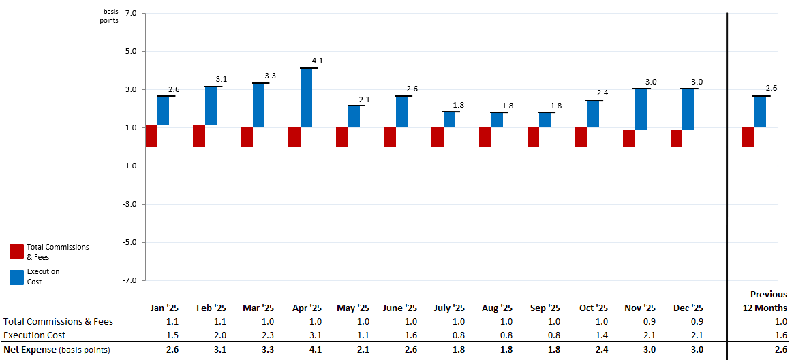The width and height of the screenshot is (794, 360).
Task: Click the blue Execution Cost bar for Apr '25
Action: click(x=306, y=97)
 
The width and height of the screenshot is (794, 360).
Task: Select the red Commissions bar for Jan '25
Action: click(x=151, y=136)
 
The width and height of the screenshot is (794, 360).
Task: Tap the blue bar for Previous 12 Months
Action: click(x=759, y=112)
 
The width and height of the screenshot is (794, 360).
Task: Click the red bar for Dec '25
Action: click(x=676, y=138)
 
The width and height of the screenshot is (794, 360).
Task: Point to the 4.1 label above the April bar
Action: click(x=317, y=61)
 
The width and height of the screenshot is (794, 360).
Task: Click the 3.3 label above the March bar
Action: click(x=270, y=76)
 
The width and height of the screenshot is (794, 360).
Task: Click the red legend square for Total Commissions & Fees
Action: click(x=16, y=252)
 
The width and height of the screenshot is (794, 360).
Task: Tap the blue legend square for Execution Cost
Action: click(x=16, y=277)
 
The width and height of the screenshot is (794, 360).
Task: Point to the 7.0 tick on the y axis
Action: click(x=131, y=14)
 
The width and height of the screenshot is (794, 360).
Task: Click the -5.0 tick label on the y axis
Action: click(x=129, y=242)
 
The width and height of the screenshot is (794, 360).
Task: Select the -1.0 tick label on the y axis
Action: click(x=129, y=166)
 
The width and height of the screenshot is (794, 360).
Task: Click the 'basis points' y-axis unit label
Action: click(x=110, y=16)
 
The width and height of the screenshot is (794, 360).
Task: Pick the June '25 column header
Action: click(x=400, y=308)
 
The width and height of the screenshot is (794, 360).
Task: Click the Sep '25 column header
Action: click(x=545, y=308)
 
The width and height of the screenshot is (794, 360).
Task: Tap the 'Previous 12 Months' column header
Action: click(x=765, y=301)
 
